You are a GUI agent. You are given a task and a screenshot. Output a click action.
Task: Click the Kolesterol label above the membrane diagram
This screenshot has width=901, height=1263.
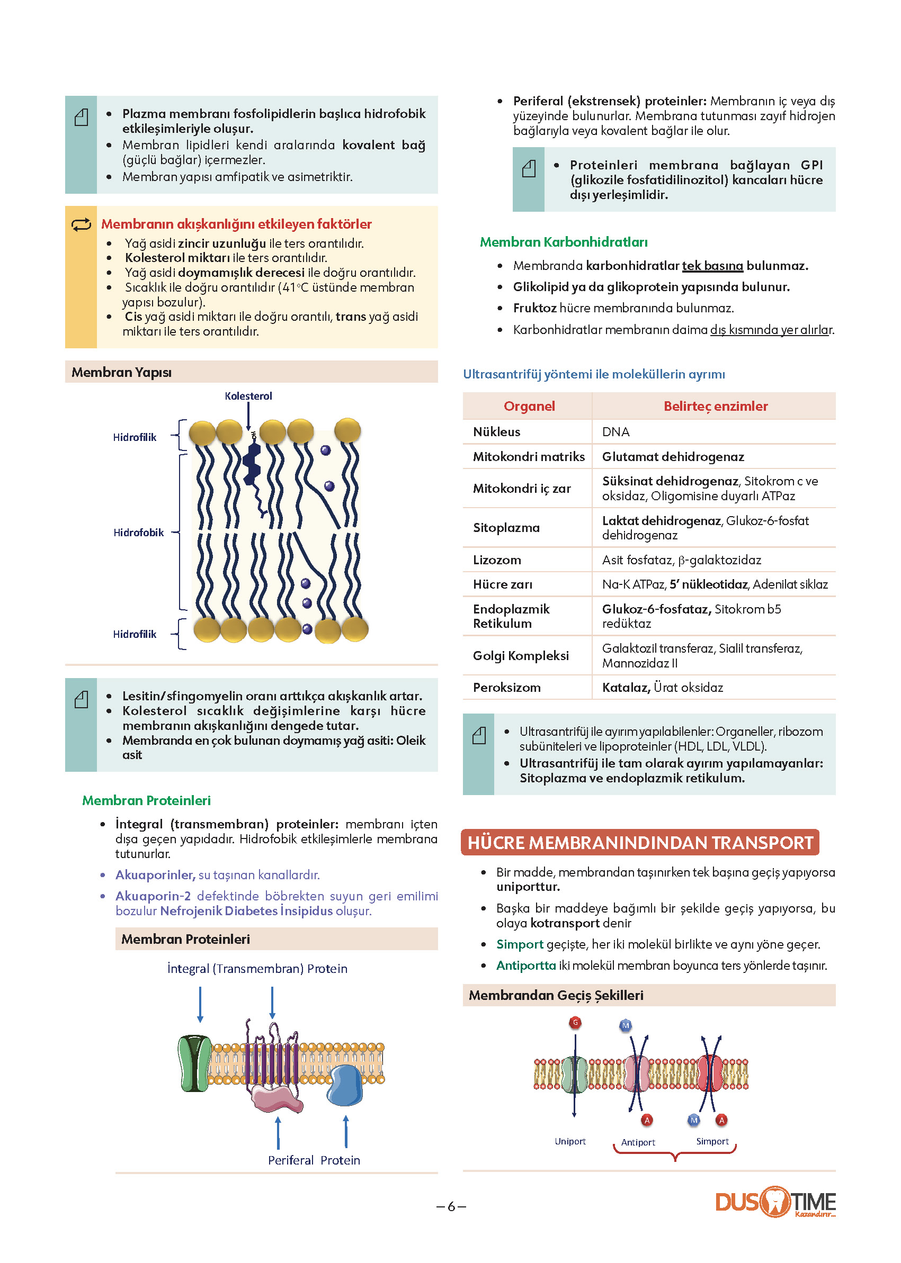click(248, 396)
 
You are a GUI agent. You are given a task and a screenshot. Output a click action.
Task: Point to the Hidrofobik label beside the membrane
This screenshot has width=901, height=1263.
click(138, 533)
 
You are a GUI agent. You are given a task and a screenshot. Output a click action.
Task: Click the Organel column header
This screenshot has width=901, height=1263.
click(529, 406)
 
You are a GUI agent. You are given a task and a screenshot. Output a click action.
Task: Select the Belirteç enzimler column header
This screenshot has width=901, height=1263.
click(715, 406)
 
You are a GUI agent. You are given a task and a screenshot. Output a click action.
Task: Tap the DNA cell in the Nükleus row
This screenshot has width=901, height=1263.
click(615, 431)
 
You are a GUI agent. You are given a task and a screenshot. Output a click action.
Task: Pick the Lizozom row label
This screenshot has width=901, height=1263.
click(496, 560)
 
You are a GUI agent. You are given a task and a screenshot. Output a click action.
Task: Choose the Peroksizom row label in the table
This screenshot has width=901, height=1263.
click(506, 688)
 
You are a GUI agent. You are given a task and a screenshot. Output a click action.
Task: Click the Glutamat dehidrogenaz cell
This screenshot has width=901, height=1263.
click(673, 456)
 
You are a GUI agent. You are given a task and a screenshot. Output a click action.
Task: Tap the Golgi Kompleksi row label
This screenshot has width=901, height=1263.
click(520, 655)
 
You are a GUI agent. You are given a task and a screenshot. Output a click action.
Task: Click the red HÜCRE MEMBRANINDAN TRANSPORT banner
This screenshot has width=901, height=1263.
click(640, 842)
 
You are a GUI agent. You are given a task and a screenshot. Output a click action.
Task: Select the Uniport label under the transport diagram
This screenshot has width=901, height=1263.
click(570, 1141)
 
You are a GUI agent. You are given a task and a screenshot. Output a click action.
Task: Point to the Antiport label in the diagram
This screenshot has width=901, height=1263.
click(638, 1142)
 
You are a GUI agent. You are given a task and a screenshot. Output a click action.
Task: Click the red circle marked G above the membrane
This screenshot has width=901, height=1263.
click(575, 1022)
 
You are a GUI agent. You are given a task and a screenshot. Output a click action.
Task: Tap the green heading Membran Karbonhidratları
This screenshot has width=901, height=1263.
click(564, 242)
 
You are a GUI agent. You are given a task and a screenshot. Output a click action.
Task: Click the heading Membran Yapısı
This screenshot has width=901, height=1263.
click(121, 372)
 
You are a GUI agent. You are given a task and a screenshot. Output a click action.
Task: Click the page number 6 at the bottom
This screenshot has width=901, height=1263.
click(451, 1206)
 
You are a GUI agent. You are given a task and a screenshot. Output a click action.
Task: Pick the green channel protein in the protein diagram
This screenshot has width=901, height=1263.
click(194, 1063)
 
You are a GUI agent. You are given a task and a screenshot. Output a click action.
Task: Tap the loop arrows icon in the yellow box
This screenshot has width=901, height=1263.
click(81, 224)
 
